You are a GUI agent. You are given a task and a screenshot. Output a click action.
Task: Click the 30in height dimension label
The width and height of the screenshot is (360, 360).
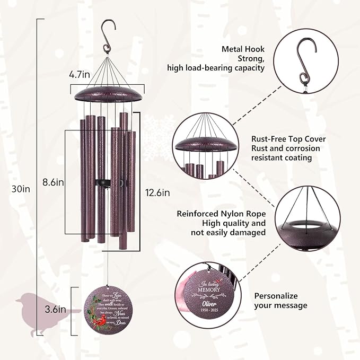point(22,189)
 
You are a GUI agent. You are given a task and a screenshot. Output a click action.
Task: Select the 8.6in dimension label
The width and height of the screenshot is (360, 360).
point(54,182)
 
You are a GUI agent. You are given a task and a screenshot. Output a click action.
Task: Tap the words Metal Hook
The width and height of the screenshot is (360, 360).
point(243,49)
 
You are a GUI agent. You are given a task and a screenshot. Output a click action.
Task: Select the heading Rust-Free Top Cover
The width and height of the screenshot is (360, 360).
point(288,139)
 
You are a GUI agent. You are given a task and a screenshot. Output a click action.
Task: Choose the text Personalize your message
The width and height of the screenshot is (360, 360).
point(280,301)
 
